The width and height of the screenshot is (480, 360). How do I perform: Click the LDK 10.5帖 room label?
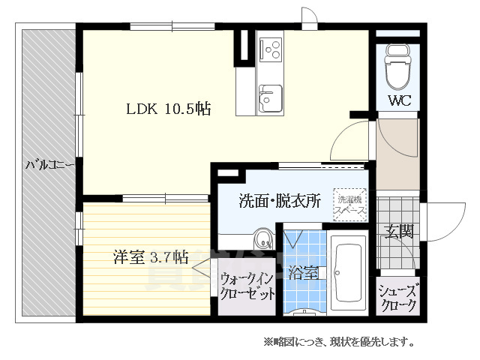click(167, 109)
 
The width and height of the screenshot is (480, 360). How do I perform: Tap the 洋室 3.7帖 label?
click(150, 257)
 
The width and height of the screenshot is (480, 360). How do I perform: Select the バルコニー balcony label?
click(49, 163)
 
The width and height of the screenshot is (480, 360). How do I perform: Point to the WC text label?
click(398, 100)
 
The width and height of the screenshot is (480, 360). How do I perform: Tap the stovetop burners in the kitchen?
click(270, 49)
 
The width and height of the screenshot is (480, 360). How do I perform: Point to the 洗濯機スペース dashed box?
click(350, 204)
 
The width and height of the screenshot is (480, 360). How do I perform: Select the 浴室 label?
click(305, 273)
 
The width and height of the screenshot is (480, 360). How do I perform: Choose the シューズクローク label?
click(398, 298)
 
